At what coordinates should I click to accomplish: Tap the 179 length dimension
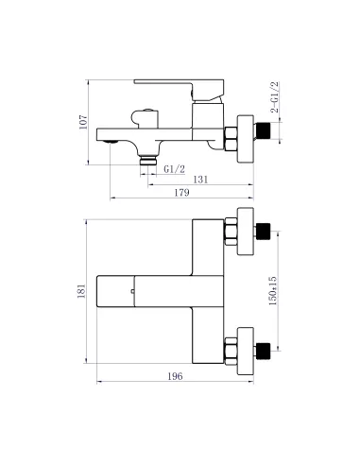pos(182,194)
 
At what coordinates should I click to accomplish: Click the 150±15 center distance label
pos(272,290)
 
